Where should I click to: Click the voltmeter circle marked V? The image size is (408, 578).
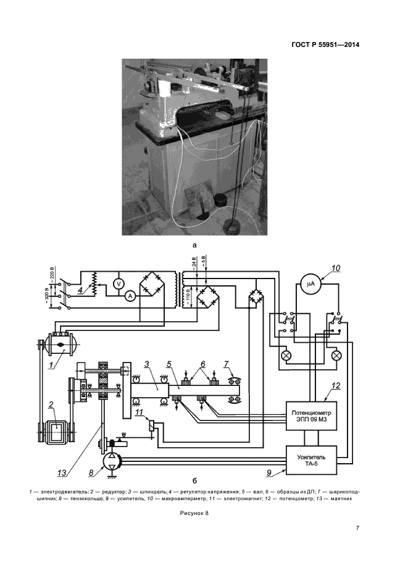pos(119,283)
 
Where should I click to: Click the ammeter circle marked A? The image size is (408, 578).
pos(129,296)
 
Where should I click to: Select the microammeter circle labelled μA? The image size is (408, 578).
pos(310,283)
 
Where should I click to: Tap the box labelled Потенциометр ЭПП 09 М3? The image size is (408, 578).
pos(312,416)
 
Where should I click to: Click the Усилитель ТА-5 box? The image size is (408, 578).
pos(312,460)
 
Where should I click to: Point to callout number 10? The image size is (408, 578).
pos(336,268)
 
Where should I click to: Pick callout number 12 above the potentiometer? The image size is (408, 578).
pos(336,386)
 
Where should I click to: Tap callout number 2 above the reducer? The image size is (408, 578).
pos(52,404)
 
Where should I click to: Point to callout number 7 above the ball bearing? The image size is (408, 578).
pos(227,364)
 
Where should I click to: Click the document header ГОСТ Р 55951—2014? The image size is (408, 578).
pos(325,45)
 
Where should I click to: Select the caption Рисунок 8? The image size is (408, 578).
pos(194,513)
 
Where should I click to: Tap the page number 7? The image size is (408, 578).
pos(357,528)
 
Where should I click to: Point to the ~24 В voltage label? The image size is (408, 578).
pos(194,262)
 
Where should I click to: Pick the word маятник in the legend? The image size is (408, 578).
pos(342,499)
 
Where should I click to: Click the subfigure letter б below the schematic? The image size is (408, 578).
pos(194,480)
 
